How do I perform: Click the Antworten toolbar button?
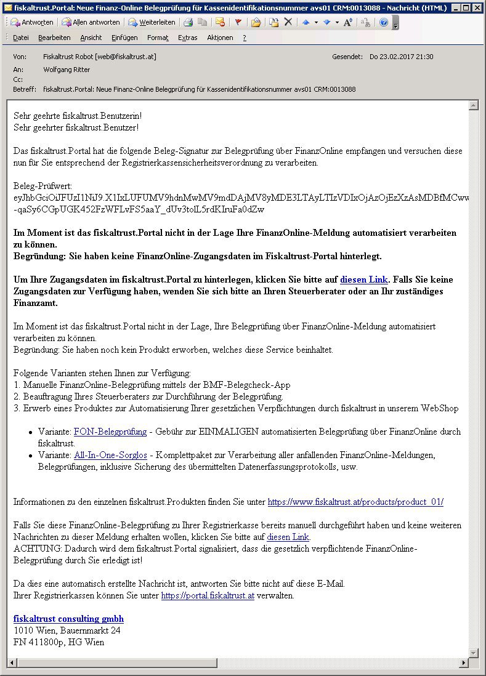(x=32, y=22)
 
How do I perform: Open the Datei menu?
(x=21, y=38)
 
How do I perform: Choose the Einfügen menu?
(x=124, y=38)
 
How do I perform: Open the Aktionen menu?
(x=220, y=38)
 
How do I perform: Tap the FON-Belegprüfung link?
(x=110, y=432)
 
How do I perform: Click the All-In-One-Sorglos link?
(x=110, y=455)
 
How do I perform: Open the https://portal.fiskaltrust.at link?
(x=208, y=595)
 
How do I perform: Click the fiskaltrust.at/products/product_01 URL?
(x=355, y=502)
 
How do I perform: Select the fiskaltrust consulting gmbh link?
(x=68, y=619)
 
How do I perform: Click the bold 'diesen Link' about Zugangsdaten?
(x=364, y=280)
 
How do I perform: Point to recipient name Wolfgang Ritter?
(x=67, y=70)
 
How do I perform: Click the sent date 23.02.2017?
(x=401, y=57)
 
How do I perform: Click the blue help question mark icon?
(x=383, y=22)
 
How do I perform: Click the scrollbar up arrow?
(x=473, y=106)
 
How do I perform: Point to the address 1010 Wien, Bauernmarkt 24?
(x=67, y=630)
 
